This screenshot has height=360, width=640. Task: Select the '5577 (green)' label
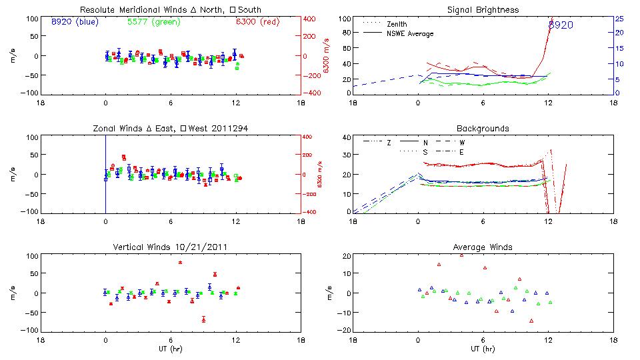coord(153,21)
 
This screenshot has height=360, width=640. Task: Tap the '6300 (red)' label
coord(260,21)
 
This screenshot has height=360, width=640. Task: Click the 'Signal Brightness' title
coord(482,10)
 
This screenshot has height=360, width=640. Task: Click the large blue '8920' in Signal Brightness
coord(560,25)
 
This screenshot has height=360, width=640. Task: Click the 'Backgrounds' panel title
coord(482,128)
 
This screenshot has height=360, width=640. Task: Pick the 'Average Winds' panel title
coord(482,247)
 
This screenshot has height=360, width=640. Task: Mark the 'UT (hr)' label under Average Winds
coord(482,349)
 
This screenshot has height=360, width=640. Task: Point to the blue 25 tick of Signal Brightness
coord(619,19)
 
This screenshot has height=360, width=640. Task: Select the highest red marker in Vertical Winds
coord(180,262)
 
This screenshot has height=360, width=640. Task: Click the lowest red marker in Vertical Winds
coord(203,319)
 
